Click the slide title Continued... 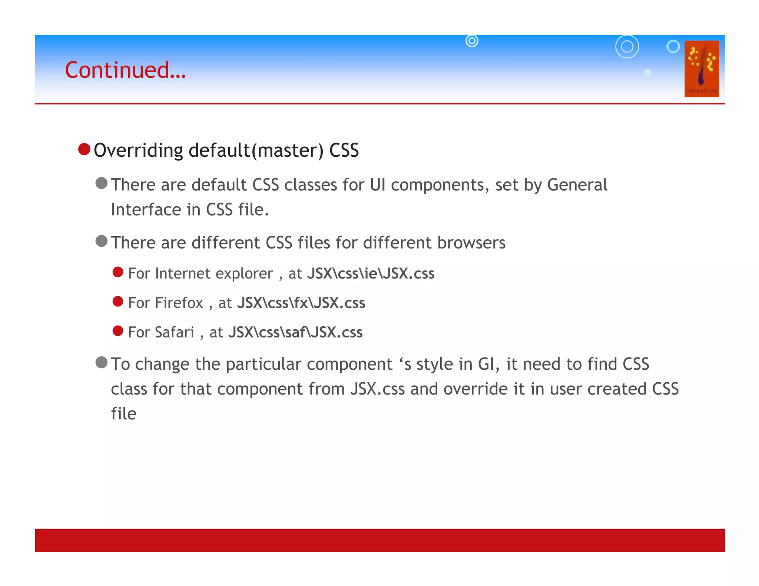pos(125,70)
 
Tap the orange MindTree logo pos(702,69)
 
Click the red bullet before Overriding pos(84,149)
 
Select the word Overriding pos(138,151)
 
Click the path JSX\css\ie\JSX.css pos(371,273)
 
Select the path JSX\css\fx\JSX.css pos(301,303)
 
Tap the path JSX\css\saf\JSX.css pos(295,332)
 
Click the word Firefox pos(179,303)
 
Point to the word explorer pos(244,274)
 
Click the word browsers pos(471,243)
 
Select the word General pos(577,185)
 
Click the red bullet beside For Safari pos(118,331)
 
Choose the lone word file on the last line pos(124,414)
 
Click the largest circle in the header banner pos(627,47)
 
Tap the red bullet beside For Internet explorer pos(118,272)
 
